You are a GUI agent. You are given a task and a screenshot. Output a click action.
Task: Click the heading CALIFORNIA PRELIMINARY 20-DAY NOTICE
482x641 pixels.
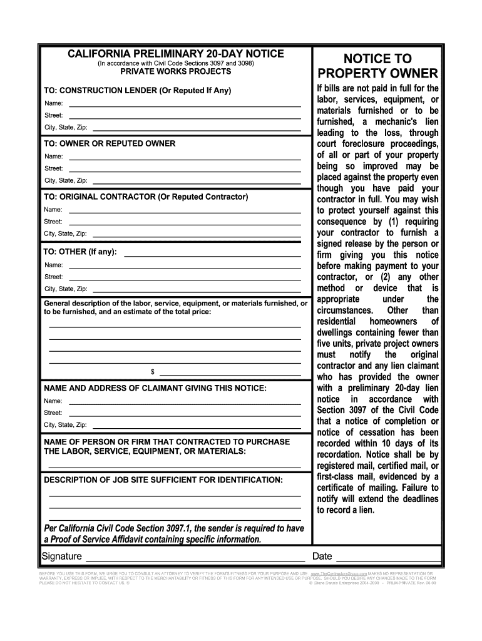176,54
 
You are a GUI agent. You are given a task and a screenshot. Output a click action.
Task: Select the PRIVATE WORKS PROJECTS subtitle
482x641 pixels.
176,72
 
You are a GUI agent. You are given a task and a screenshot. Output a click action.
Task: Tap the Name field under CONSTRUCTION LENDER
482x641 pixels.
185,103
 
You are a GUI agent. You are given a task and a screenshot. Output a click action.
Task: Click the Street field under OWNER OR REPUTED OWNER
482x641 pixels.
185,169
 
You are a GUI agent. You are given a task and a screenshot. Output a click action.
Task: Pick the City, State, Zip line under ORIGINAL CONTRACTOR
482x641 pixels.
195,234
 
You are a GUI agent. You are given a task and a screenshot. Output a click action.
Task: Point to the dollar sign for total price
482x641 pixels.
152,372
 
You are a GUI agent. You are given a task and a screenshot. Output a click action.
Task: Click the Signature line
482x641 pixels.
195,557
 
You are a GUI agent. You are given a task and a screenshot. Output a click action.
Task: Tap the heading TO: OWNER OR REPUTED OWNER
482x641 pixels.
110,143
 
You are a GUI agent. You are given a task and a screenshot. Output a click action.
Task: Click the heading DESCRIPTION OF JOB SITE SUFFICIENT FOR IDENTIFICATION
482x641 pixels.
163,479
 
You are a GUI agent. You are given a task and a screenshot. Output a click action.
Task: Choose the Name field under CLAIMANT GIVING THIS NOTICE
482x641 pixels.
185,401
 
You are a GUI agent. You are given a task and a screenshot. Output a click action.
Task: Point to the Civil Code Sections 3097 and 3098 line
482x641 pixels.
176,64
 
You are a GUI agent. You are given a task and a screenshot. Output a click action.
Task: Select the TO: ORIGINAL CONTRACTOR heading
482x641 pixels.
146,197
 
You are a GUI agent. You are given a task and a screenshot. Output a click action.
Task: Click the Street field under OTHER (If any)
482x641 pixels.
185,277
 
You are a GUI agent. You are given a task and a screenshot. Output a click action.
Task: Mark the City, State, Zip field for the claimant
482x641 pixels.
195,426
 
